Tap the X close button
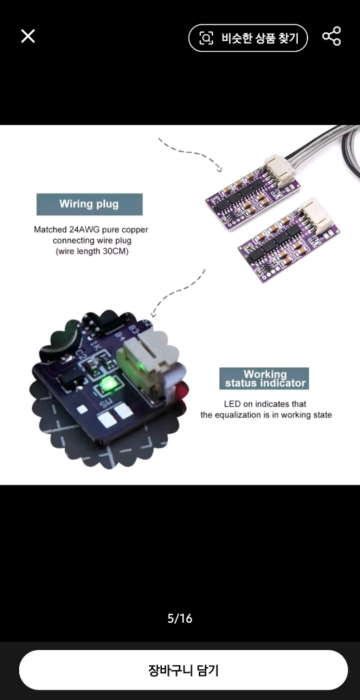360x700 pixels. tap(27, 36)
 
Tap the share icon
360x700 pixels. tap(331, 36)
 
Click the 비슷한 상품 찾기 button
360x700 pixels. tap(248, 38)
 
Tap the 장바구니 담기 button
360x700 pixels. tap(183, 670)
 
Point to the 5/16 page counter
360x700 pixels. tap(180, 618)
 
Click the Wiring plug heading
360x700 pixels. tap(89, 204)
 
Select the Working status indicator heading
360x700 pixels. tap(264, 379)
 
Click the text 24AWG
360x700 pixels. tap(85, 230)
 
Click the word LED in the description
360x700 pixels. tap(233, 404)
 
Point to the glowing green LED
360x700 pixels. tap(107, 383)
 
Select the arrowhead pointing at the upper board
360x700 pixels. tap(219, 168)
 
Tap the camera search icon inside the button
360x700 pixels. tap(206, 38)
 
